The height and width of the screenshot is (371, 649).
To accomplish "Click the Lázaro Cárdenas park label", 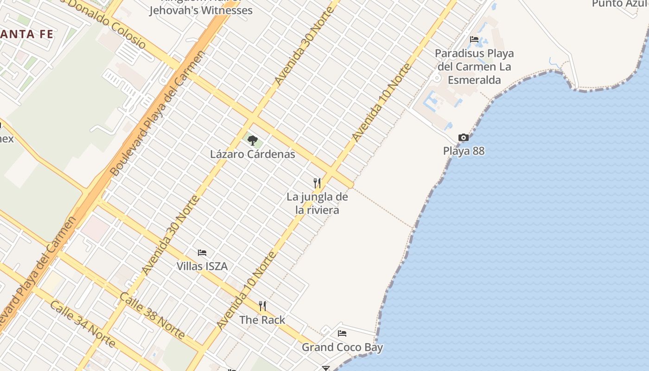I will click(253, 154).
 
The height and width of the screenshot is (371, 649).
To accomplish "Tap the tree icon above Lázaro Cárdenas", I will click(252, 140).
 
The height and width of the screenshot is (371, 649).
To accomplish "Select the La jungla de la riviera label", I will click(317, 203).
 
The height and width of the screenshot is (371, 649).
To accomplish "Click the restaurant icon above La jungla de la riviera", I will click(317, 183).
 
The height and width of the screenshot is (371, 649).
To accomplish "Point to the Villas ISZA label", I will click(202, 266).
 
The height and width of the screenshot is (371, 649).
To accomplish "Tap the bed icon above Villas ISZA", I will click(202, 253).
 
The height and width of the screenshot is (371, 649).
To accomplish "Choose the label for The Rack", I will click(262, 320).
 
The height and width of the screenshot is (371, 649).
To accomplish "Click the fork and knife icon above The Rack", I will click(262, 306).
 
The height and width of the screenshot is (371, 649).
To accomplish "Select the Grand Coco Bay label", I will click(342, 347).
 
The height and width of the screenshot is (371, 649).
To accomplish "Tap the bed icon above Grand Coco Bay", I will click(342, 333).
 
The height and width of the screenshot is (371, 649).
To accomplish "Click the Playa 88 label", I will click(464, 151).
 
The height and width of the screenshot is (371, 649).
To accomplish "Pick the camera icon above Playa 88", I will click(463, 137).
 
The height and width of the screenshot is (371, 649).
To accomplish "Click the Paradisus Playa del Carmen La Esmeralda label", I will click(474, 67).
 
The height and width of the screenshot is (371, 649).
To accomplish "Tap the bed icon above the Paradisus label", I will click(474, 39).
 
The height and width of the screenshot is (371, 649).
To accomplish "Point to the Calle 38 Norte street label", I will click(153, 315).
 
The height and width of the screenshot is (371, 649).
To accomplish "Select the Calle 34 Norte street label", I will click(82, 324).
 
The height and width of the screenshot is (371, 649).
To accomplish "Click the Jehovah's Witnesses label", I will click(201, 9).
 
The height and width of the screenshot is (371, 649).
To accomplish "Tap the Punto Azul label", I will click(620, 4).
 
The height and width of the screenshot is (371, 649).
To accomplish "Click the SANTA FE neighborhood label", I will click(27, 34).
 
